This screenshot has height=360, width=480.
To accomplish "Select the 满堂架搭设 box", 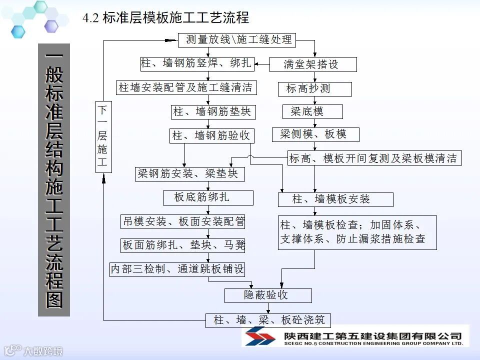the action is (313, 64).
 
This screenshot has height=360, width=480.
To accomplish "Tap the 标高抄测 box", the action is (315, 89).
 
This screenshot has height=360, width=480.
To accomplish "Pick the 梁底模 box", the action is (313, 111).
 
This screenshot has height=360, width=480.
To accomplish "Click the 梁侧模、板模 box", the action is (316, 134).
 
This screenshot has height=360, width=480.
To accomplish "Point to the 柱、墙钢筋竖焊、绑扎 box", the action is (196, 63).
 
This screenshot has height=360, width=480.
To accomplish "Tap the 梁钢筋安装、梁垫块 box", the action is (190, 174).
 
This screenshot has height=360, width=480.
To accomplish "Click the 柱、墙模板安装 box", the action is (335, 199).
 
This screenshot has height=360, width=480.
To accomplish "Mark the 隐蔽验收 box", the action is (268, 295).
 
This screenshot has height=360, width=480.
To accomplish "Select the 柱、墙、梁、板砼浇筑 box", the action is (268, 320).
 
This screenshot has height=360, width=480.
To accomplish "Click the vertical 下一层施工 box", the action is (102, 136).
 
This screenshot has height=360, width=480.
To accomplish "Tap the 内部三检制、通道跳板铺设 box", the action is (177, 269).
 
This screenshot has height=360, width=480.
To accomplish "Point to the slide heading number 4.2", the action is (90, 19).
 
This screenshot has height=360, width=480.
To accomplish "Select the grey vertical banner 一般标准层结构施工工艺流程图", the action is (54, 180).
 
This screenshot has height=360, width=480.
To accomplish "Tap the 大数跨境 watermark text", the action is (43, 351).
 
